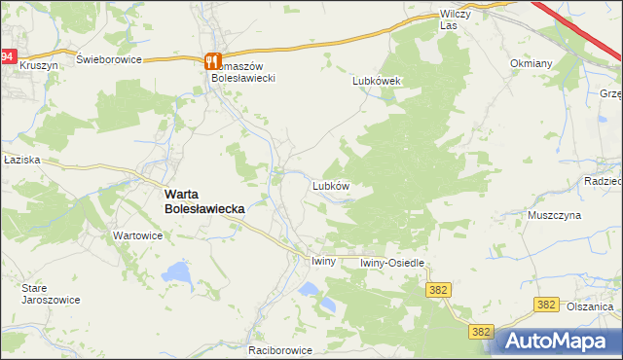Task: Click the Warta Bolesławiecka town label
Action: coord(202,200)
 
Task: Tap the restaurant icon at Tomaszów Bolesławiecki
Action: coord(214,61)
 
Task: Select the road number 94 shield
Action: coord(7,57)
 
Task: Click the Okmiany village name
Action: coord(531,63)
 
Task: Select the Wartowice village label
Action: coord(137,235)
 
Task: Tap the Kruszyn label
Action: coord(39,63)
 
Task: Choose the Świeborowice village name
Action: coord(109,59)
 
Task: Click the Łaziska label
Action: coord(19,161)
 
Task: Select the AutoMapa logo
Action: coord(558,341)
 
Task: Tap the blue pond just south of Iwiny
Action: coord(309,289)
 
